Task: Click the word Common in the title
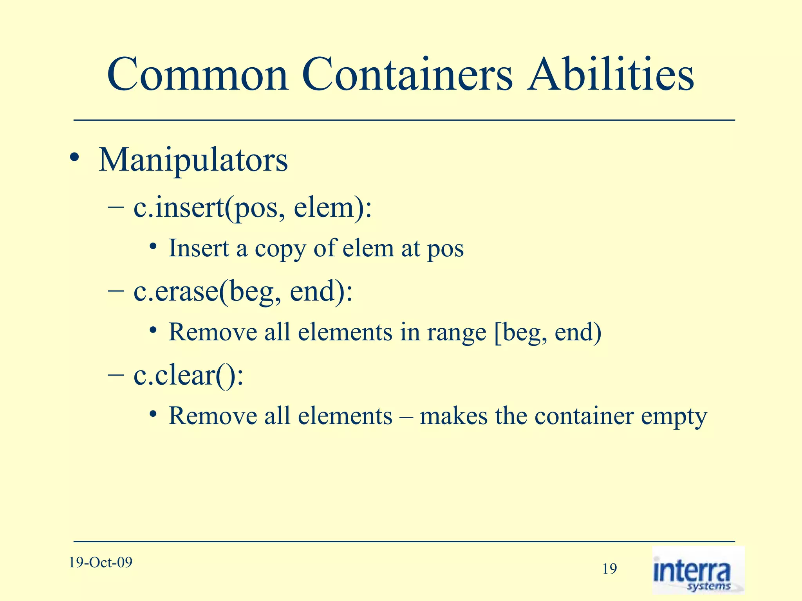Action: [x=198, y=74]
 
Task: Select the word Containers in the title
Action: [x=407, y=74]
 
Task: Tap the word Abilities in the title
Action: [x=610, y=74]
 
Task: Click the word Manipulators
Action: [x=193, y=160]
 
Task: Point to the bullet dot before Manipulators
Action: [x=74, y=159]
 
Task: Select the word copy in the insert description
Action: [x=280, y=249]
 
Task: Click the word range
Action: [x=456, y=333]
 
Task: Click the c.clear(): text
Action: [x=188, y=376]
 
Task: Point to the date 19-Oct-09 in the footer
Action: [x=101, y=563]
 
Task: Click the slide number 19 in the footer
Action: [x=609, y=569]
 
